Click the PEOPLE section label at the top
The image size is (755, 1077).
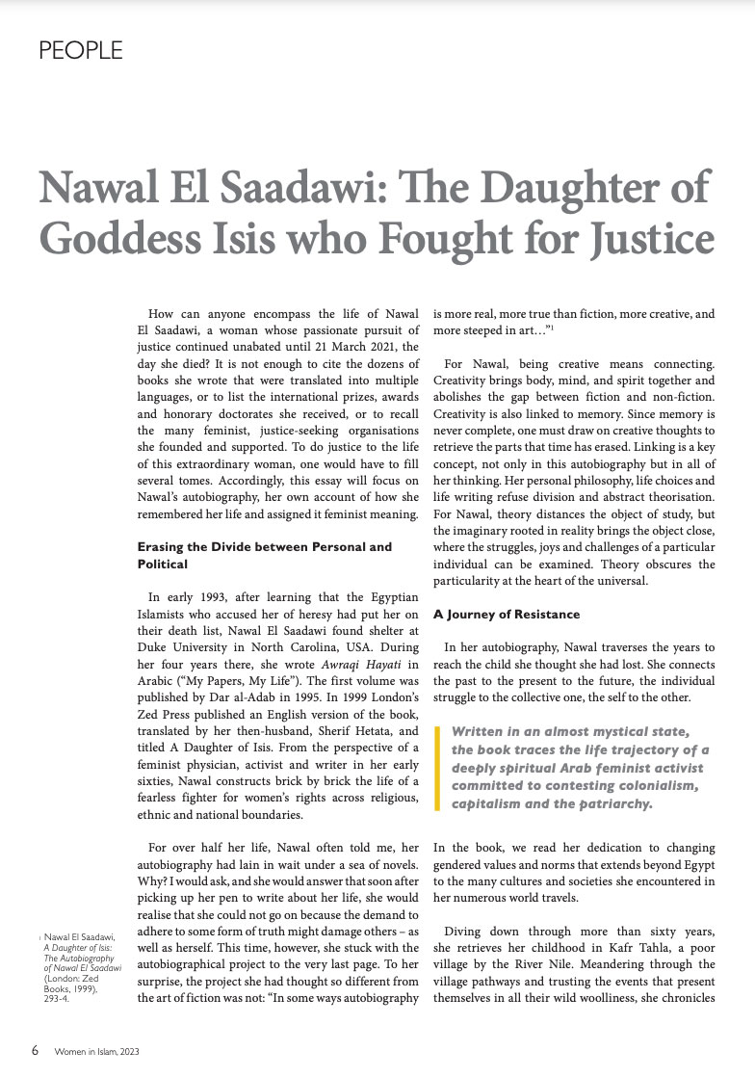[x=80, y=51]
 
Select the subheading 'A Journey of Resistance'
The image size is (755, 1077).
[x=507, y=614]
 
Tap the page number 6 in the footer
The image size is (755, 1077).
[x=35, y=1050]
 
